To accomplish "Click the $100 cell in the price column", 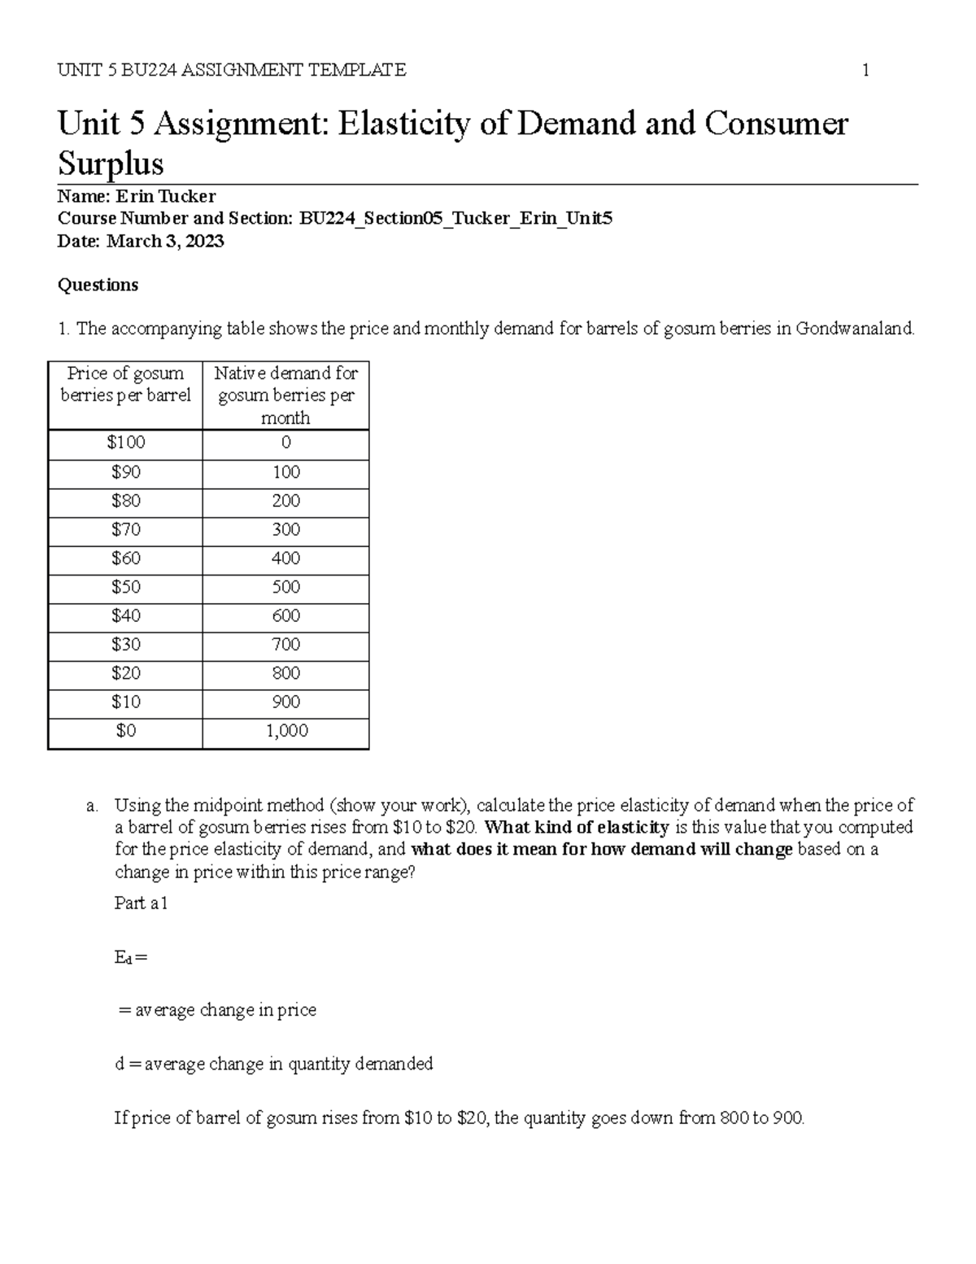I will [125, 443].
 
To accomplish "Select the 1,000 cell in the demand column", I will [286, 731].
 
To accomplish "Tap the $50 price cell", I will [125, 587].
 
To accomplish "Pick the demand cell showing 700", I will [286, 645].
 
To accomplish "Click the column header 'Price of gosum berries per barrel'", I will [125, 384].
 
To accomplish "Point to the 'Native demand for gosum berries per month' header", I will [286, 396].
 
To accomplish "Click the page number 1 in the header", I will [865, 71].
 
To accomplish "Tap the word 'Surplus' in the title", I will [111, 164].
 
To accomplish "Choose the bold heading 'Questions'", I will [98, 285].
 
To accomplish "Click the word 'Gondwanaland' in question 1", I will [854, 330].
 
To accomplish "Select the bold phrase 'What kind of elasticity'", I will [577, 828].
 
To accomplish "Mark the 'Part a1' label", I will [142, 903].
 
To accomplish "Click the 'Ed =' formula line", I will [131, 958].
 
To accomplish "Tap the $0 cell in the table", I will [125, 731].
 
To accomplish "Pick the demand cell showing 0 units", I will [286, 443].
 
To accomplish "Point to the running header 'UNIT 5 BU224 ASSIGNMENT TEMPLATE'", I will [232, 71].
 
